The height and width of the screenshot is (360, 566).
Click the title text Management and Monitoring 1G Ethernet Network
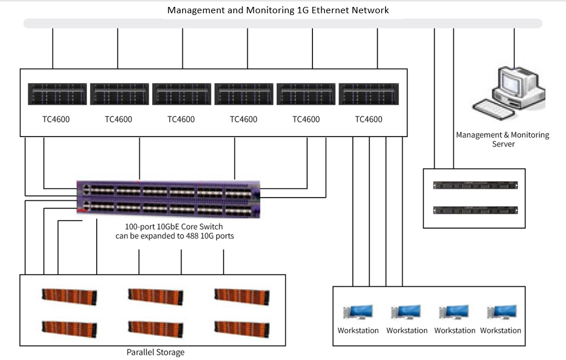point(278,10)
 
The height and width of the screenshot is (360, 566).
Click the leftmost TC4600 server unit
point(57,94)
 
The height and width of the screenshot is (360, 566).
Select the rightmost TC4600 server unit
point(368,94)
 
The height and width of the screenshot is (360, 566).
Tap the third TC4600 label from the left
point(181,120)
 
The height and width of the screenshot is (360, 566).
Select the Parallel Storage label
point(156,352)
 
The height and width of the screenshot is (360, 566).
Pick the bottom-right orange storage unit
point(242,328)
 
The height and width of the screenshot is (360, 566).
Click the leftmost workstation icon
point(358,312)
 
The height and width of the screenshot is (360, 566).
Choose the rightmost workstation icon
point(501,312)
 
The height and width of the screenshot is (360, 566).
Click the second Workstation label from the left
point(407,331)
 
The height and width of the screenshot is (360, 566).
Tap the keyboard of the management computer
point(491,107)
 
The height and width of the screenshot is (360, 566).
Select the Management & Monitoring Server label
point(503,139)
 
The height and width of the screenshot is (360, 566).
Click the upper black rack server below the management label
point(474,185)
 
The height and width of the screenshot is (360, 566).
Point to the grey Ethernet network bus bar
point(282,24)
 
